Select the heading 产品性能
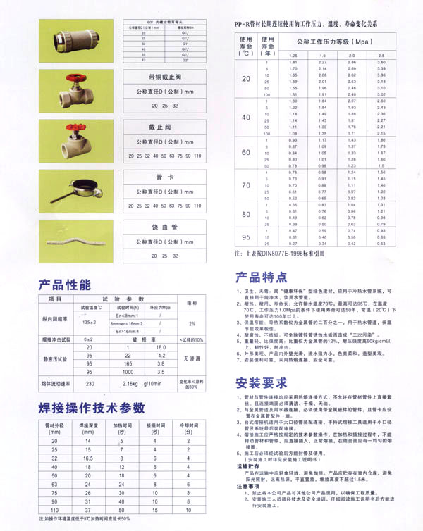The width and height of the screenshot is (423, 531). (x=64, y=285)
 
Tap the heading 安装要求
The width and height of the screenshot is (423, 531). (x=261, y=384)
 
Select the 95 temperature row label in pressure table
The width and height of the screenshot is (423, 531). (x=245, y=236)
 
